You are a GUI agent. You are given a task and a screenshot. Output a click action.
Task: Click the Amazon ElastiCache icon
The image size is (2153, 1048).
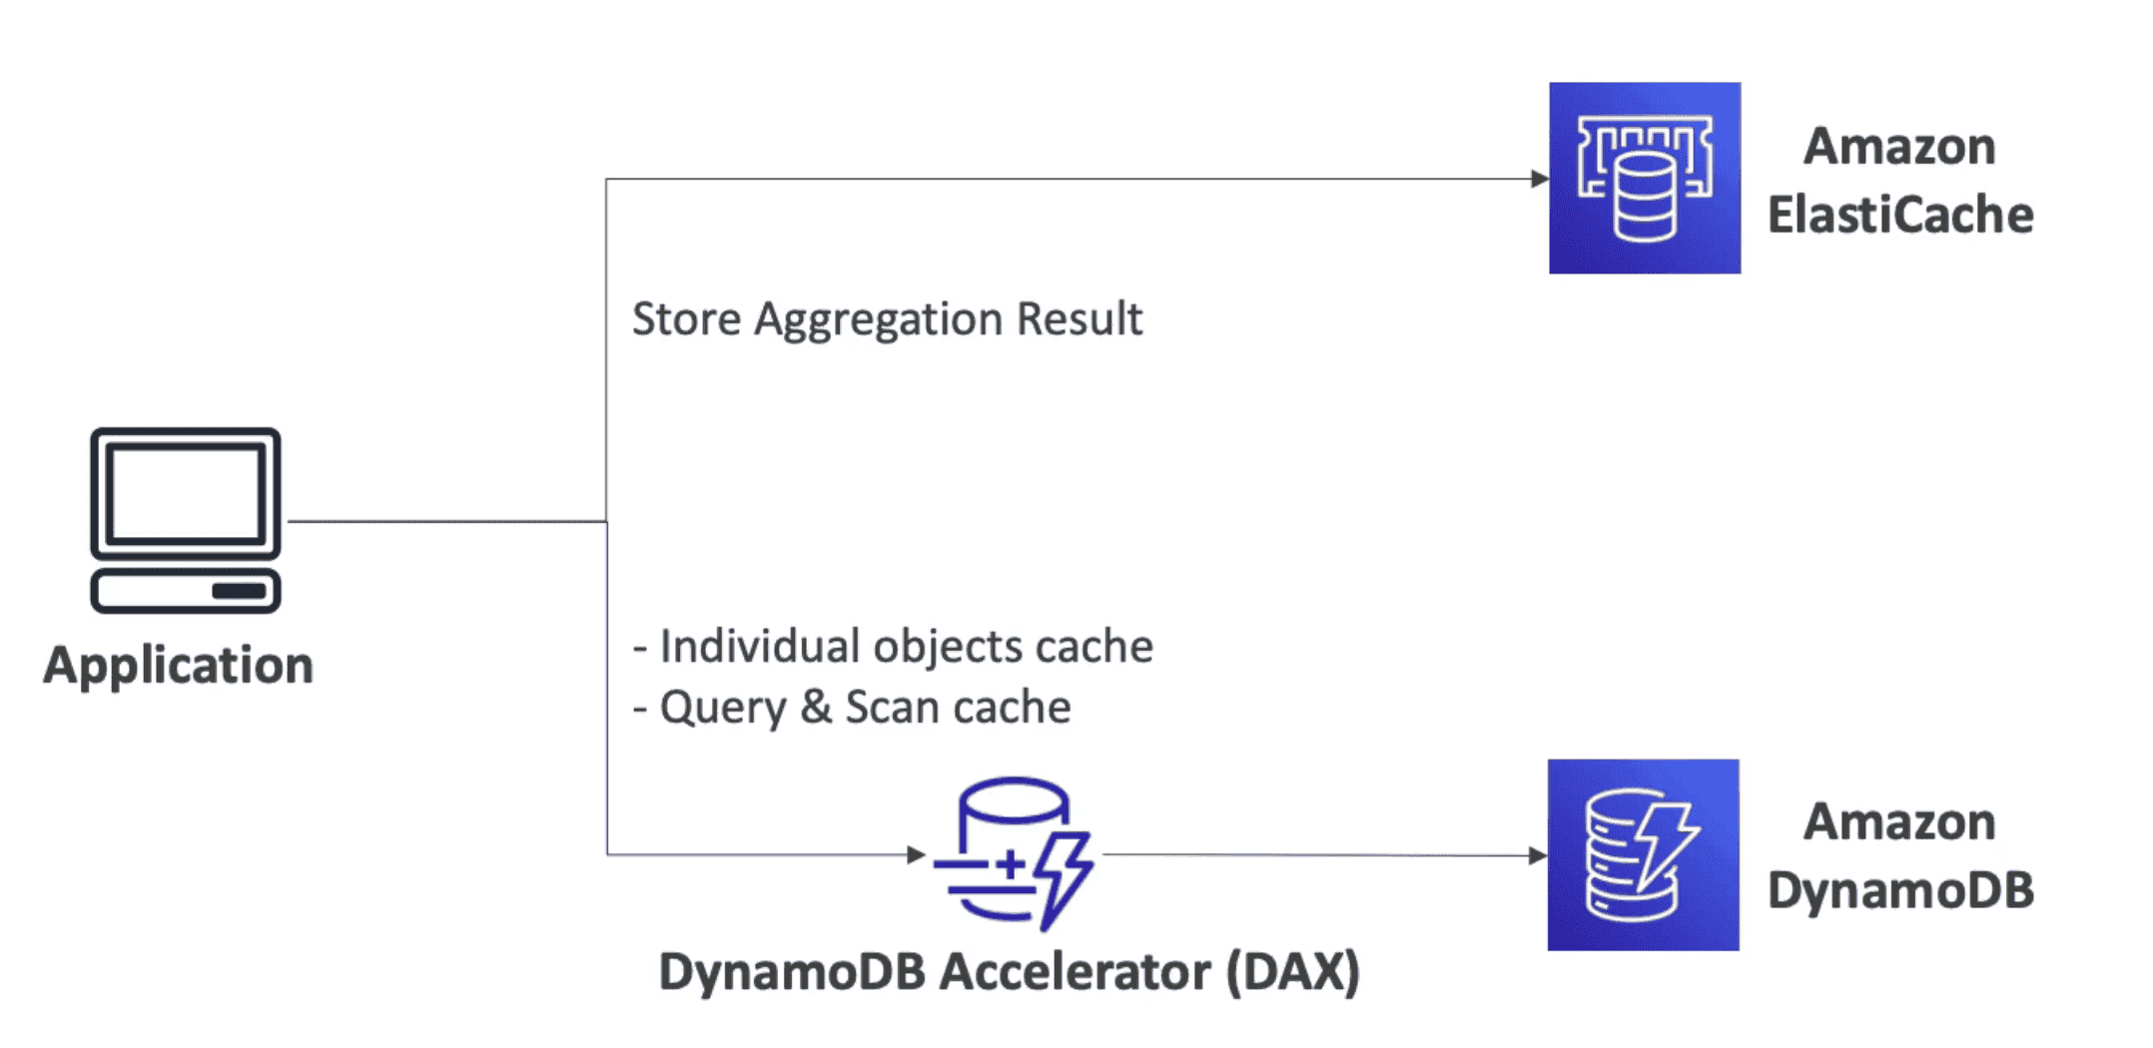click(1645, 178)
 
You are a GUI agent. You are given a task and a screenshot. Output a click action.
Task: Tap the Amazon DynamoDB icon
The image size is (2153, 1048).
click(1643, 854)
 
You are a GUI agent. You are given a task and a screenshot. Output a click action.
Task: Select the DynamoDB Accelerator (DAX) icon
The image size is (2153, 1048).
click(1013, 853)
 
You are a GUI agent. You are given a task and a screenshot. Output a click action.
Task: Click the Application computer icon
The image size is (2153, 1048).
click(185, 520)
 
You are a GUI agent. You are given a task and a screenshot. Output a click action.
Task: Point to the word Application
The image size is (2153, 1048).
click(178, 666)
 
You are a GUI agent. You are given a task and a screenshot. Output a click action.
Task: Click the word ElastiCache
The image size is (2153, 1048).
click(1899, 216)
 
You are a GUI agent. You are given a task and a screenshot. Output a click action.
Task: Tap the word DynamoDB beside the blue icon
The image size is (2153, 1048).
click(1899, 890)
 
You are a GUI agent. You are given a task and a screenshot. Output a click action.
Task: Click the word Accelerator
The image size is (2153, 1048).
click(1075, 972)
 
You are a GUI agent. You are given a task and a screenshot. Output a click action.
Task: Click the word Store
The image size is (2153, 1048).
click(687, 319)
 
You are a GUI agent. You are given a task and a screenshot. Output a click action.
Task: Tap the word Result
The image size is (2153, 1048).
click(1078, 319)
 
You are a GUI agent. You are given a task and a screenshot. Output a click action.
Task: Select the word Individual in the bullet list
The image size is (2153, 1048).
click(760, 647)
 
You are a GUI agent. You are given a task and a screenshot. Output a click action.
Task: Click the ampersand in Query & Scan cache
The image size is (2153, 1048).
click(815, 708)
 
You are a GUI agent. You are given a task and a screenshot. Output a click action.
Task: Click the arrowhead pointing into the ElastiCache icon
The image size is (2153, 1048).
click(1539, 179)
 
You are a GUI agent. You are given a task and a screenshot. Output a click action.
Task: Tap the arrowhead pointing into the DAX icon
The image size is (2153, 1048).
click(915, 854)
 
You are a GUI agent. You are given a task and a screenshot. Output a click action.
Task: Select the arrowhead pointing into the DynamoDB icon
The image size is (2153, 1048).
click(1537, 855)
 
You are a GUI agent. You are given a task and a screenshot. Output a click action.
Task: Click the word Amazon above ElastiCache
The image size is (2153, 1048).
click(1899, 147)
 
